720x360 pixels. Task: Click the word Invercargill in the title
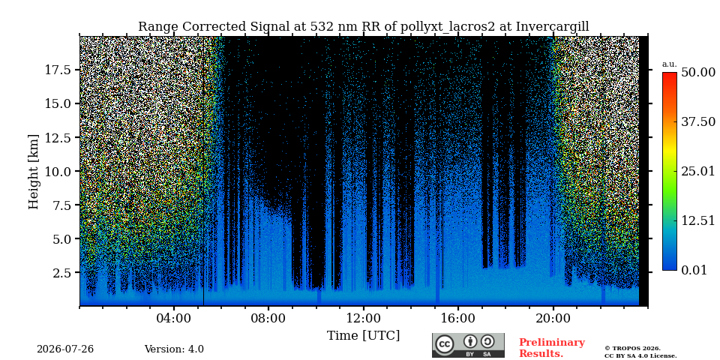pos(553,26)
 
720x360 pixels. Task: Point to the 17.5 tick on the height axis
pos(57,70)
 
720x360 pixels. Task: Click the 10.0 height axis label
pos(57,171)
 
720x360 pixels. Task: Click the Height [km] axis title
pos(34,172)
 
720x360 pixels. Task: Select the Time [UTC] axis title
pos(363,336)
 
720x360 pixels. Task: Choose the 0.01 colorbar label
pos(697,270)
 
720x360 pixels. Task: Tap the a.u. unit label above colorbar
pos(669,64)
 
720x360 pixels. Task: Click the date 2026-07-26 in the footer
pos(65,349)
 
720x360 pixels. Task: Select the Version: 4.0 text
pos(174,349)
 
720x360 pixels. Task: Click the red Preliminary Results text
pos(551,348)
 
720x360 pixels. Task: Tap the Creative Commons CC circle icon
pos(444,345)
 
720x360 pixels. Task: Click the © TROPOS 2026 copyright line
pos(632,349)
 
